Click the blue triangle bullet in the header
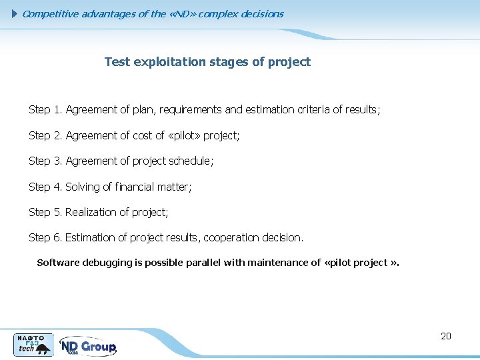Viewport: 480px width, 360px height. tap(16, 13)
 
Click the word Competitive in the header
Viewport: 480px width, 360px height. tap(51, 13)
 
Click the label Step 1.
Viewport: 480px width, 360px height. tap(45, 109)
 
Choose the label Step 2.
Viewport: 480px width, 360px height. tap(45, 135)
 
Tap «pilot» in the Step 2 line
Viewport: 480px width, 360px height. tap(185, 135)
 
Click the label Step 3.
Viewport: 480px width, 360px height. tap(45, 161)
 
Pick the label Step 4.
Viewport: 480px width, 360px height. tap(45, 187)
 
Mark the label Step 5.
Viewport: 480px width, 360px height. tap(45, 212)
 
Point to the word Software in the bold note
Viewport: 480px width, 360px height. tap(58, 263)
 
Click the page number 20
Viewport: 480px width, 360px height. tap(446, 336)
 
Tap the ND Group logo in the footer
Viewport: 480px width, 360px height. tap(88, 346)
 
